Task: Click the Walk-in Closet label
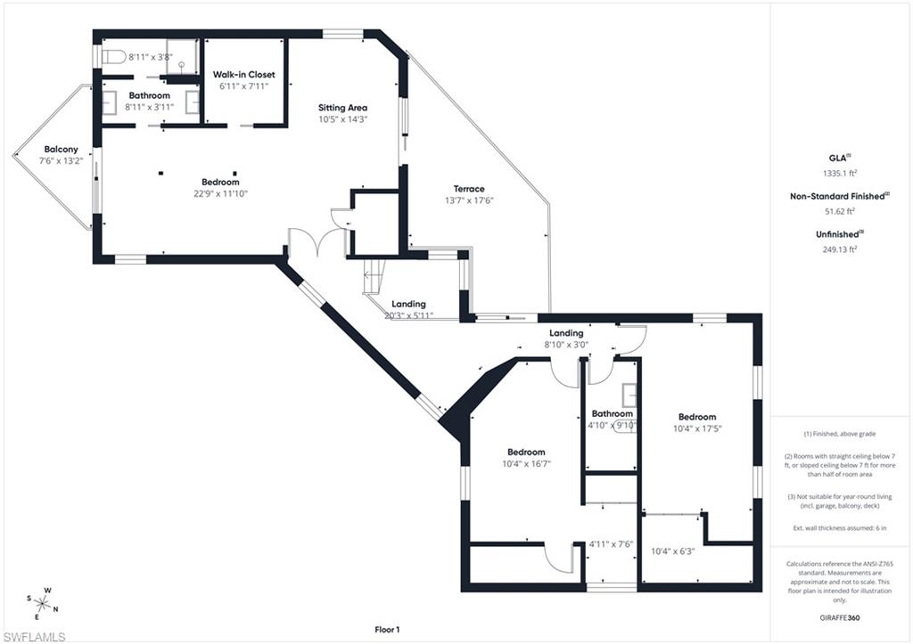tap(243, 75)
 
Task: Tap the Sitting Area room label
tap(343, 108)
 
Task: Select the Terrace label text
tap(469, 189)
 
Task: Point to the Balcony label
tap(60, 149)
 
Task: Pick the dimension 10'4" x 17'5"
tap(696, 428)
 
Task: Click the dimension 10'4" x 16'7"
tap(525, 463)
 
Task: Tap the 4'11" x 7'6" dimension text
tap(611, 543)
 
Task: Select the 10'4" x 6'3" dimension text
tap(673, 551)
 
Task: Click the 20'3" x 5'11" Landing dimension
tap(408, 315)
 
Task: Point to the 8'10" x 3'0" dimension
tap(566, 345)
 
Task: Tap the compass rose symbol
tap(43, 602)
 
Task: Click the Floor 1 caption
tap(387, 630)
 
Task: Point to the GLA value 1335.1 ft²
tap(839, 174)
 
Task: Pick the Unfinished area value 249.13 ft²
tap(839, 250)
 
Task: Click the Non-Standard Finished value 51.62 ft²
tap(839, 212)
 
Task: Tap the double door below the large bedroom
tap(317, 243)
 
